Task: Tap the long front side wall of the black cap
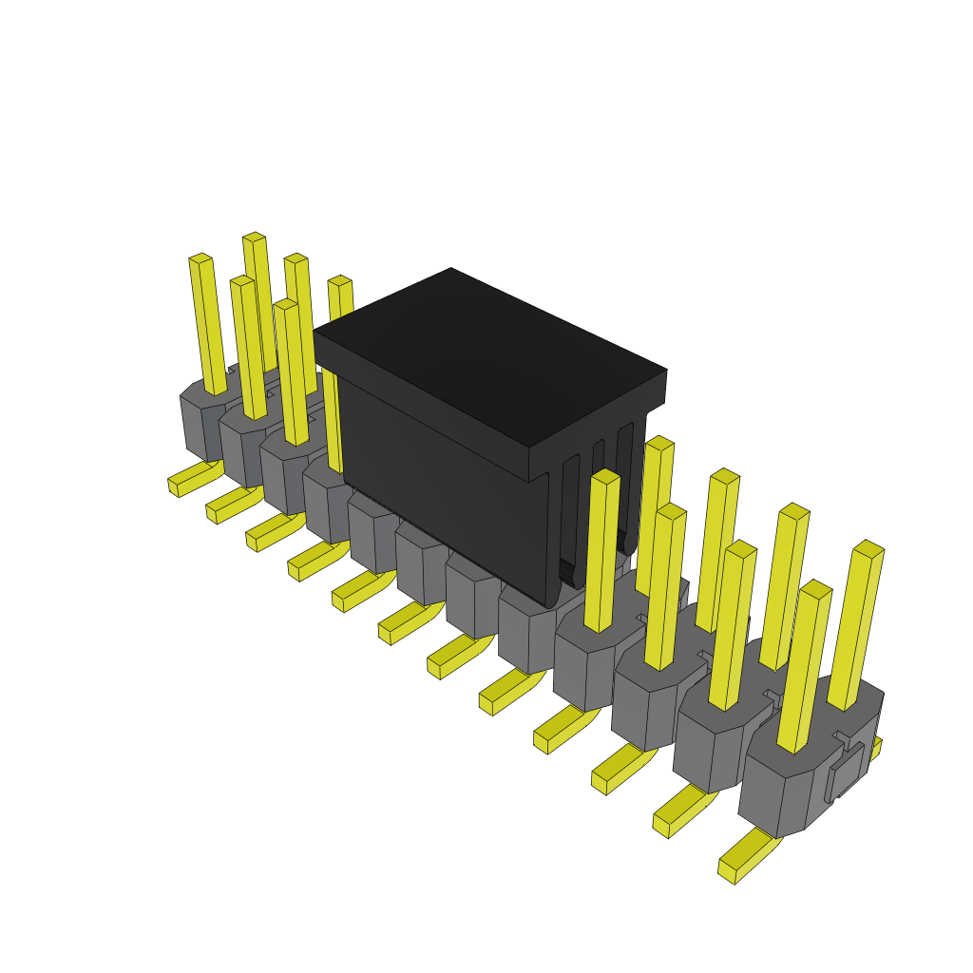[x=437, y=475]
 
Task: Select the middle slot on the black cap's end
[x=598, y=494]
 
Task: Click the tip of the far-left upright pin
[x=200, y=258]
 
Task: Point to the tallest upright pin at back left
[x=258, y=295]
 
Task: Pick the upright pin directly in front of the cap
[x=602, y=551]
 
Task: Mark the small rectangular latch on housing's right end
[x=845, y=771]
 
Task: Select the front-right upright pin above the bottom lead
[x=803, y=665]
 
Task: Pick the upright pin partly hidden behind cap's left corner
[x=334, y=380]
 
